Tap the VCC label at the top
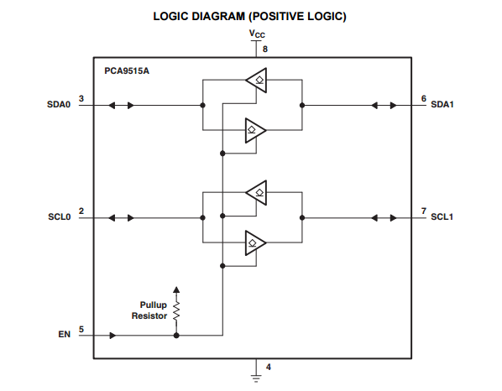[x=257, y=34]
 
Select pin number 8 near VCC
[x=266, y=50]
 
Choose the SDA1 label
[x=442, y=106]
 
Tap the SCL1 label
[x=442, y=217]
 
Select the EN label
[x=64, y=335]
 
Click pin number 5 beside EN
[x=81, y=329]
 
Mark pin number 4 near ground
[x=268, y=367]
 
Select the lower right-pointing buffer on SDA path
[x=255, y=131]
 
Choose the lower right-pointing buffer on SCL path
[x=255, y=243]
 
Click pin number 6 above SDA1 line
[x=424, y=98]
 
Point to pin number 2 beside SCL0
[x=81, y=211]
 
